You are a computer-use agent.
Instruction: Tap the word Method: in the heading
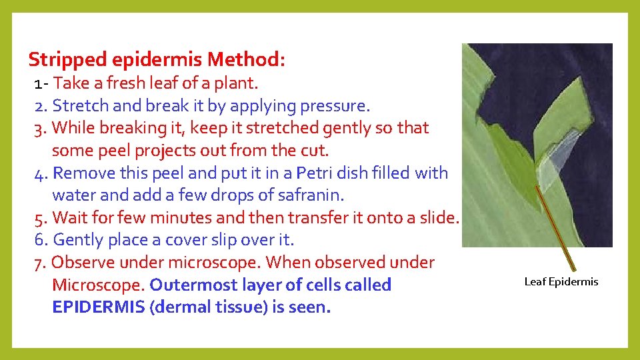pos(247,60)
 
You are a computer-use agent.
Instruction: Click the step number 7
pos(39,263)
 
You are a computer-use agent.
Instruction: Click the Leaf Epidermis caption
pos(561,281)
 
